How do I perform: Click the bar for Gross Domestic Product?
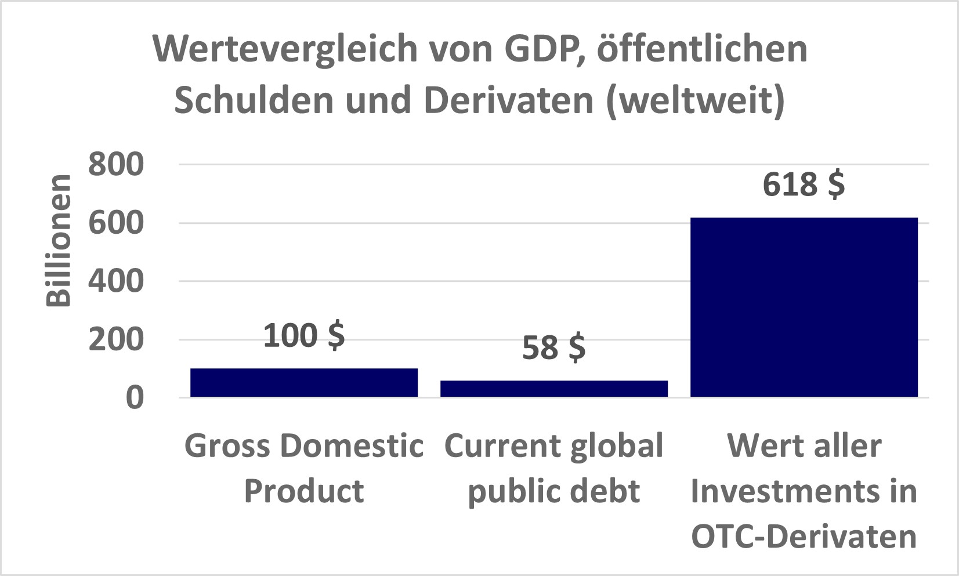click(304, 383)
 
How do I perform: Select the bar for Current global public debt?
click(554, 389)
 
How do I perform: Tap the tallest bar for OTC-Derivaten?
click(804, 307)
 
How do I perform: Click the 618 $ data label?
click(804, 184)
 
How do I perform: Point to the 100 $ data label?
click(304, 336)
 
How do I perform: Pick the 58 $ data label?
click(553, 348)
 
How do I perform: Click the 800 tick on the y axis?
click(115, 165)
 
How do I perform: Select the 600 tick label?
click(115, 223)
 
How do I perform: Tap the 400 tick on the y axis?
click(115, 281)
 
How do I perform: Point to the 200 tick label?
click(115, 340)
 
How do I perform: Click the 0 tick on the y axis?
click(135, 398)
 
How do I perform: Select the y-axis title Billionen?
click(59, 240)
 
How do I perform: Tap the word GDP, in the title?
click(545, 50)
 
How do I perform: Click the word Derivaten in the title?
click(509, 100)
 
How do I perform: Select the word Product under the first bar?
click(304, 491)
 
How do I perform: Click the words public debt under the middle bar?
click(553, 491)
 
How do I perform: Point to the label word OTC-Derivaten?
click(804, 537)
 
